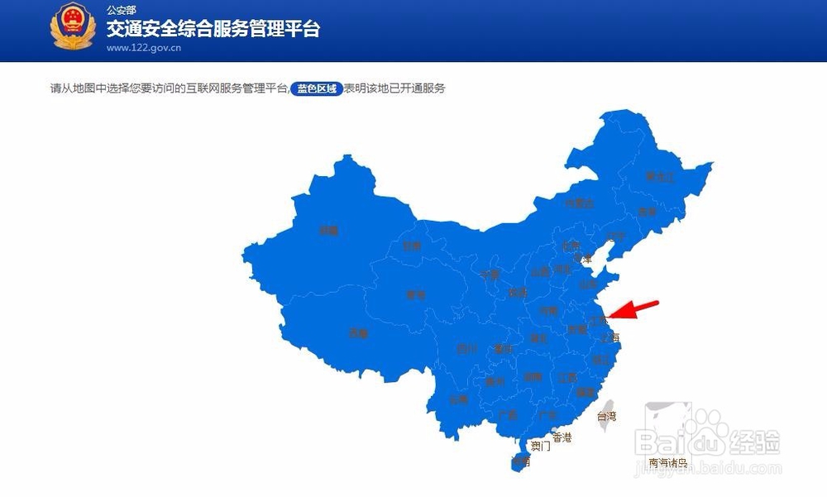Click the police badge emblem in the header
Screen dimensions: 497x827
click(72, 28)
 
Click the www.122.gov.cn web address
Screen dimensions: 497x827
click(144, 47)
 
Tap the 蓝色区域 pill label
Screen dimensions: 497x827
click(315, 88)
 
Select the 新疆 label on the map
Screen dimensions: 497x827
click(329, 231)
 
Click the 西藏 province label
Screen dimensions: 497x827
click(357, 333)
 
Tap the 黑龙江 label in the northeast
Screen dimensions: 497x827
click(660, 177)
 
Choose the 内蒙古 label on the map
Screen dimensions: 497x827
click(579, 203)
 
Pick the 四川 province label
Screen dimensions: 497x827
click(466, 348)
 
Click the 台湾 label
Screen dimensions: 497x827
click(606, 417)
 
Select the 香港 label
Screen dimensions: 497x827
click(562, 437)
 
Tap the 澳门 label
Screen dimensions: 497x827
click(541, 446)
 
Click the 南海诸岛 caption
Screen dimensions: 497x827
click(668, 463)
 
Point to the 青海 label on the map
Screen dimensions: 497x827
click(415, 294)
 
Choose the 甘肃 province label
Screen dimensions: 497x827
click(411, 246)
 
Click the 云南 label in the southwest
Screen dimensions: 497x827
click(459, 399)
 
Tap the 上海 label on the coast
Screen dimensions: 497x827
click(609, 337)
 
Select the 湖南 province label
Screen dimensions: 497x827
click(533, 377)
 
